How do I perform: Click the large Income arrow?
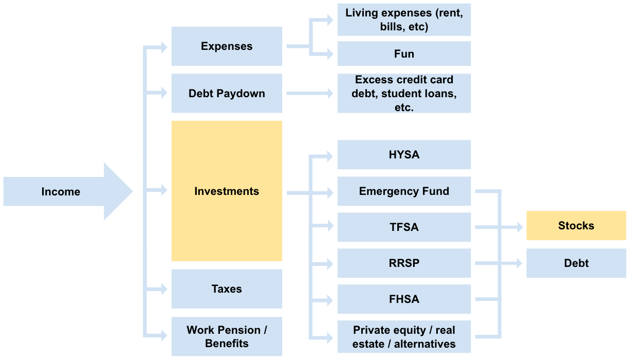pos(67,192)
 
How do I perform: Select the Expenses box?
pos(227,46)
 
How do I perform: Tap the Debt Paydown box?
pos(227,94)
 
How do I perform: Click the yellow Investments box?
pos(227,191)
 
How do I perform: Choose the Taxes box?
pos(227,289)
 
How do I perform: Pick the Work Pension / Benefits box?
pos(227,337)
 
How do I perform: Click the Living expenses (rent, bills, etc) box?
pos(404,20)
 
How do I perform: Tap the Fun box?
pos(404,54)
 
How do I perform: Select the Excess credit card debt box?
pos(404,94)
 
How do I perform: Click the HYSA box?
pos(404,155)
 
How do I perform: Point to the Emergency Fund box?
pos(404,191)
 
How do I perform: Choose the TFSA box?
pos(404,227)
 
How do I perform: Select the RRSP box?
pos(404,263)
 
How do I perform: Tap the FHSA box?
pos(404,299)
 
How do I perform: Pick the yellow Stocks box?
pos(576,226)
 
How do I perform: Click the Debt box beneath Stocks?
pos(576,263)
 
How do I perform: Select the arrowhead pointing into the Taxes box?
pos(163,289)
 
